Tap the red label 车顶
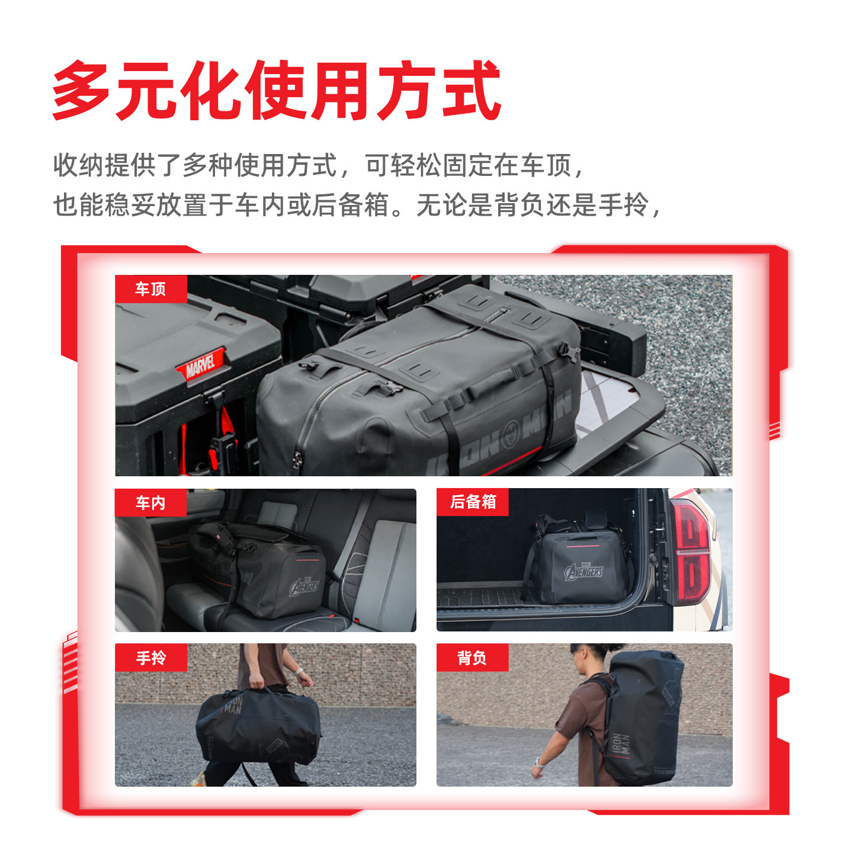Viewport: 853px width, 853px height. pos(150,289)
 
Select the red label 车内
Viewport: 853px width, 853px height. pos(150,503)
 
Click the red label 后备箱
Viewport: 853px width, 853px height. pos(473,502)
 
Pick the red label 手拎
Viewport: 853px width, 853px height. pos(150,658)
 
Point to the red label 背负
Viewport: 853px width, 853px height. pos(472,658)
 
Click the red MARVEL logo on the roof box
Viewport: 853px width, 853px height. pos(200,364)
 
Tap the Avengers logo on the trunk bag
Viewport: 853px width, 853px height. pos(584,571)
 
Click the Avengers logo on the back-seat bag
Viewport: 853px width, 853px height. pos(304,586)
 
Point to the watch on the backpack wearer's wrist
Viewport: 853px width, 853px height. pos(538,762)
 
